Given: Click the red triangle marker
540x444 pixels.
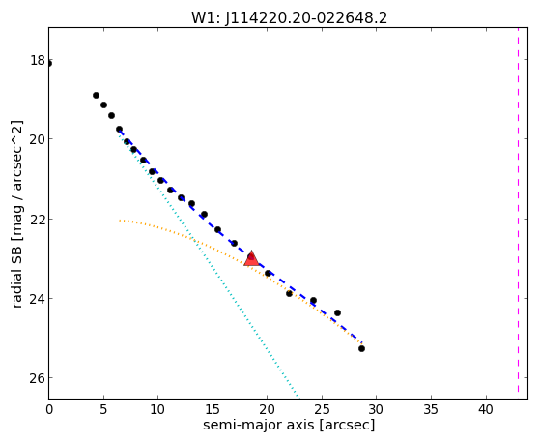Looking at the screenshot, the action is click(x=251, y=258).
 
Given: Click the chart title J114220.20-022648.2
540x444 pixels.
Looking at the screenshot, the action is click(x=306, y=18).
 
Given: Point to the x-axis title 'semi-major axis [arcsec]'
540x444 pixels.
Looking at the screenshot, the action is click(x=289, y=425).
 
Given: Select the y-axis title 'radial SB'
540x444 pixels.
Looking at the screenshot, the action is click(x=16, y=274).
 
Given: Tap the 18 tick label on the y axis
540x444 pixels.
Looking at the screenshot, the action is click(x=38, y=60).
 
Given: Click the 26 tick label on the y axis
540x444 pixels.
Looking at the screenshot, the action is click(x=38, y=378).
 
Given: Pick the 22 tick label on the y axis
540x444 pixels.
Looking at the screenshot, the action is click(x=38, y=220).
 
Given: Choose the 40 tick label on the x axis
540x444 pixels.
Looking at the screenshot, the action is click(x=486, y=409).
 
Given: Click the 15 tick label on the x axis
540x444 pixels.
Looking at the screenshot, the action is click(x=213, y=409).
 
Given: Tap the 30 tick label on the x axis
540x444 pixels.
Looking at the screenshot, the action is click(x=377, y=409).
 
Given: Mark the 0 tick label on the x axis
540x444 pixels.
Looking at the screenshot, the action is click(x=49, y=409).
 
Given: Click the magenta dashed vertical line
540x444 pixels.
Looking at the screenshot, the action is click(x=518, y=210).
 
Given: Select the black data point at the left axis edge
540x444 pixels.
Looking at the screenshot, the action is click(x=49, y=63).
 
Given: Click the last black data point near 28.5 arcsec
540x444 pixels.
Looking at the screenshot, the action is click(x=361, y=349).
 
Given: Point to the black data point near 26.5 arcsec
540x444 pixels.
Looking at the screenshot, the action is click(x=337, y=312).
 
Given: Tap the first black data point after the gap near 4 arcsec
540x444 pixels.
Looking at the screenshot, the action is click(x=96, y=95).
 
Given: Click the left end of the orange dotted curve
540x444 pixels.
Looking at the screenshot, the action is click(x=120, y=221).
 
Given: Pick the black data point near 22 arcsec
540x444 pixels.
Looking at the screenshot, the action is click(x=289, y=294).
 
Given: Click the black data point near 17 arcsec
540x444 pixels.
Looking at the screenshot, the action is click(x=234, y=243).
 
